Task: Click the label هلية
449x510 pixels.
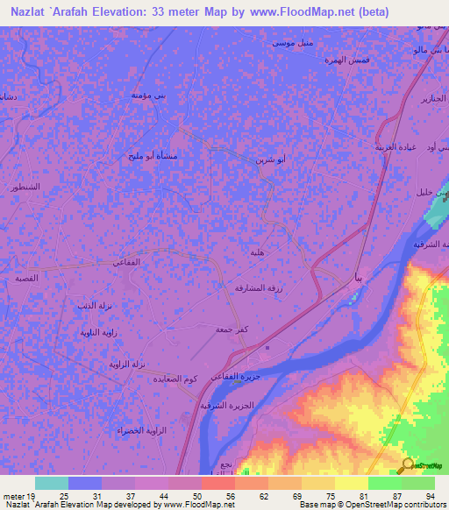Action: click(259, 252)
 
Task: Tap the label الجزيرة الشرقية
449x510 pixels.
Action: click(227, 406)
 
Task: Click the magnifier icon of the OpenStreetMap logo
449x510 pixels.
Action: click(408, 465)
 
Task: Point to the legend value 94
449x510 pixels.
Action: click(429, 496)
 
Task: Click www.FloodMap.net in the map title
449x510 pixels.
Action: click(296, 11)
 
